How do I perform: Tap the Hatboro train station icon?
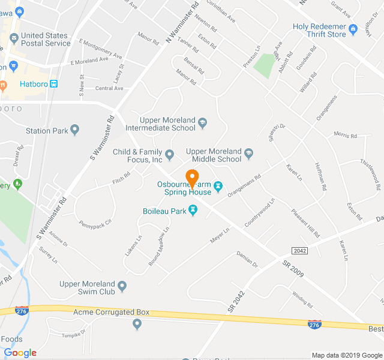click(54, 84)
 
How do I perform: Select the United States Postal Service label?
click(45, 40)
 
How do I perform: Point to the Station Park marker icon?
click(75, 130)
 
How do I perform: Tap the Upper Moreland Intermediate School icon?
click(202, 124)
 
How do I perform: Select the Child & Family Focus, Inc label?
click(138, 156)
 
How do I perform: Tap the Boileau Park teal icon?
click(193, 209)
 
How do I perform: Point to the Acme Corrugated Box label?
click(111, 313)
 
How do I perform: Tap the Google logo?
click(20, 353)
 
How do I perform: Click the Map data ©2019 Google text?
click(346, 355)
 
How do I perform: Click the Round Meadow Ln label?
click(158, 247)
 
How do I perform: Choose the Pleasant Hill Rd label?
click(305, 223)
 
